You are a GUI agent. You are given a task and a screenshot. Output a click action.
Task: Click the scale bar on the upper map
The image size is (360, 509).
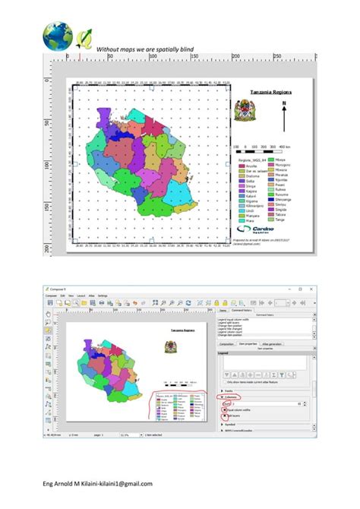pyautogui.click(x=261, y=149)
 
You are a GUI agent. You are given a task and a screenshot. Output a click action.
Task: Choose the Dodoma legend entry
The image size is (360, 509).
pyautogui.click(x=251, y=177)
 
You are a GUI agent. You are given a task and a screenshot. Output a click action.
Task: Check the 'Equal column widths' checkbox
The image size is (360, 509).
pyautogui.click(x=223, y=409)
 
